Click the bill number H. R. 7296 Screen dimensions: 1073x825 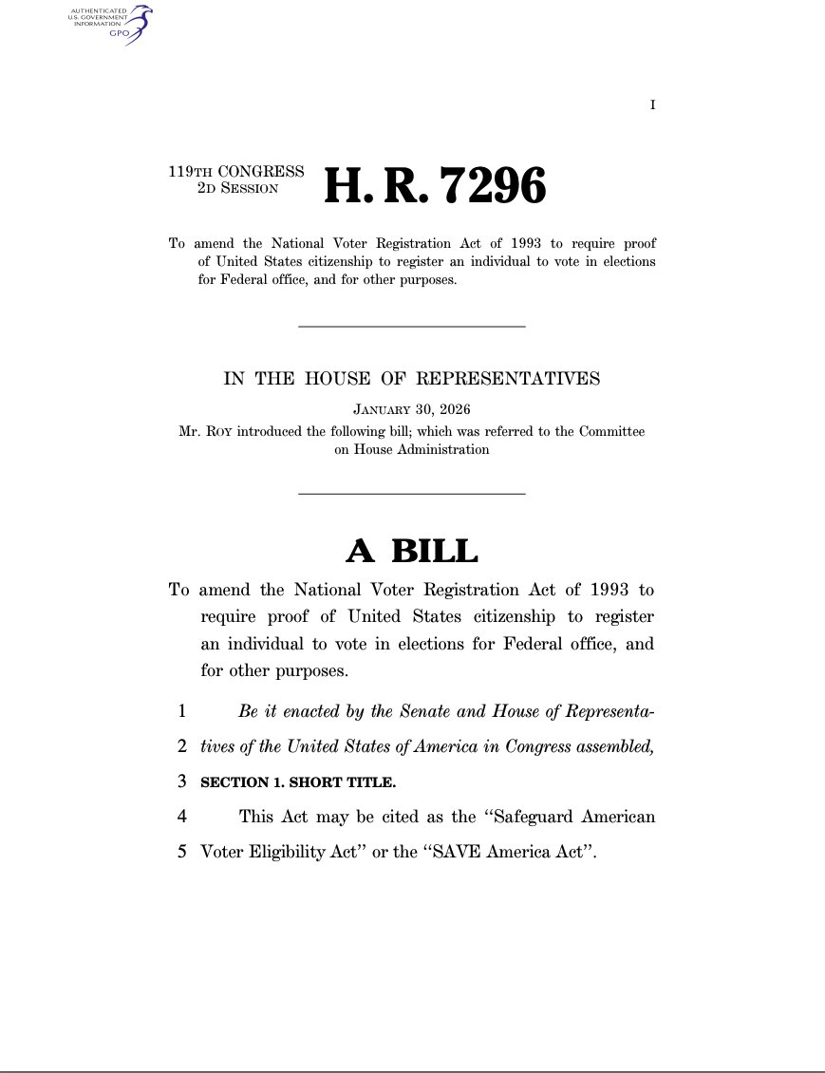click(x=436, y=185)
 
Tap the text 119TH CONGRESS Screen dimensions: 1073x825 click(x=236, y=172)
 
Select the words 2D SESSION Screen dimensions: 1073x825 click(x=237, y=188)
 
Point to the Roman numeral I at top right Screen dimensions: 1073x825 click(x=652, y=104)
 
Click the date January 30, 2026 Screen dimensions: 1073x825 click(x=412, y=410)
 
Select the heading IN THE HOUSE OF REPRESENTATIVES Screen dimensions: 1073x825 click(x=412, y=379)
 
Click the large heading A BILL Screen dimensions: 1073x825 click(x=412, y=550)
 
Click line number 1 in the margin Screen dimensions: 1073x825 click(x=180, y=710)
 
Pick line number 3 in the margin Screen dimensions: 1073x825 click(x=180, y=782)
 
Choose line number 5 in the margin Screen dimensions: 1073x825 click(x=180, y=851)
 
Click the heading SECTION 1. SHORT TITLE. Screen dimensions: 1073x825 click(x=298, y=782)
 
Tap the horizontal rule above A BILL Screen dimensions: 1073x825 click(x=412, y=494)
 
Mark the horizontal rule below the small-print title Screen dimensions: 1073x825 click(x=412, y=327)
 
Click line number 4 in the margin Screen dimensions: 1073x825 click(x=180, y=816)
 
